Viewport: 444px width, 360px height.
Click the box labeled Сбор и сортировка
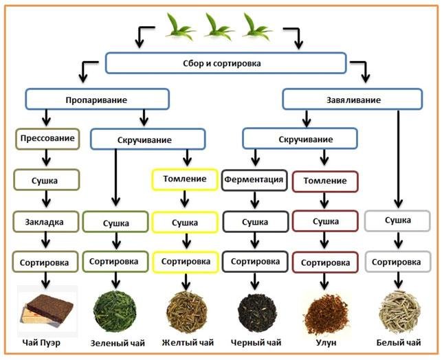click(x=225, y=63)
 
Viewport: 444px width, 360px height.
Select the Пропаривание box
click(x=97, y=99)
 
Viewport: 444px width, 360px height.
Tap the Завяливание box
click(x=351, y=99)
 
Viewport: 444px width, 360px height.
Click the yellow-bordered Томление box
click(x=184, y=180)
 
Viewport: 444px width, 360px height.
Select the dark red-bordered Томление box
click(x=324, y=181)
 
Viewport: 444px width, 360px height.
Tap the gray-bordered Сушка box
click(x=397, y=221)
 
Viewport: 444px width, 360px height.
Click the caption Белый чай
click(x=397, y=342)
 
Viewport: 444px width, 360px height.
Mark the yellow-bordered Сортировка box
click(x=184, y=262)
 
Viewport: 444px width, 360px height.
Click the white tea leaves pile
click(x=397, y=311)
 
